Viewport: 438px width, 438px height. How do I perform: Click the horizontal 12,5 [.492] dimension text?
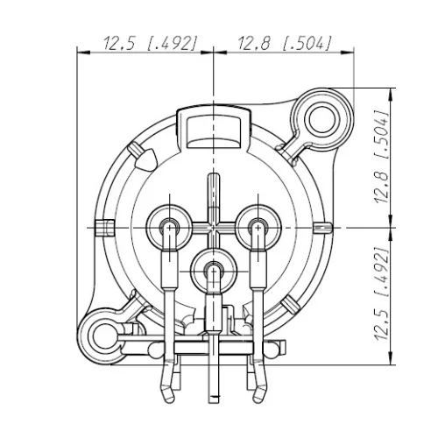[148, 42]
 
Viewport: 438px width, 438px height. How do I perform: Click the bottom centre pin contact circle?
[213, 270]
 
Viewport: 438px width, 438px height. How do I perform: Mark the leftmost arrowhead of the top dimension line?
[85, 53]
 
